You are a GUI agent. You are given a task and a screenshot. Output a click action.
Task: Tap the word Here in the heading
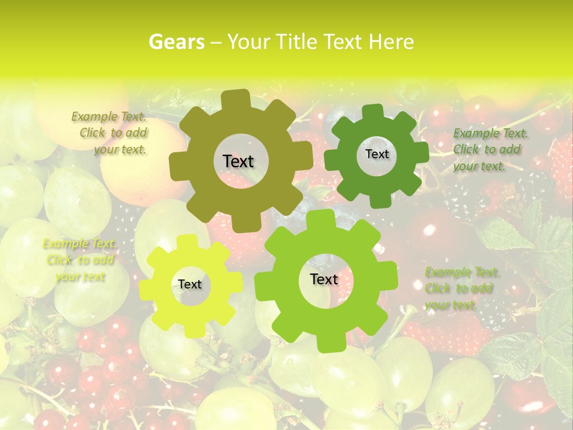[391, 42]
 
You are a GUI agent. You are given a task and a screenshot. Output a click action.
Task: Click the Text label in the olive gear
[238, 161]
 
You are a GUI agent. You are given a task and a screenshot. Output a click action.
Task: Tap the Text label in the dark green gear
[377, 154]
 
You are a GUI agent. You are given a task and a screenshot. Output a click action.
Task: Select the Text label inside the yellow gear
[190, 285]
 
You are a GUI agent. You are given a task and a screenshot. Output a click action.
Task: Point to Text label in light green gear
[324, 279]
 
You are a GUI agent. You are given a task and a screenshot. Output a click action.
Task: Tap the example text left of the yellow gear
[79, 260]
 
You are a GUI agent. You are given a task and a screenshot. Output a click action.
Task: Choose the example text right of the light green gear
[461, 288]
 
